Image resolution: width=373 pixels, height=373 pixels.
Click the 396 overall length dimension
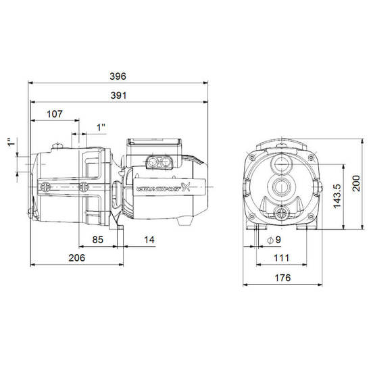[x=118, y=76]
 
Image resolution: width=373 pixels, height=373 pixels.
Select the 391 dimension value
[x=118, y=96]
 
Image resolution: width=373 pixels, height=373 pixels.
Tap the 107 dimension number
[x=55, y=114]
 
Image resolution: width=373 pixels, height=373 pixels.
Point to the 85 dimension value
[x=98, y=240]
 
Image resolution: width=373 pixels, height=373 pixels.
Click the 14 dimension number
[x=149, y=240]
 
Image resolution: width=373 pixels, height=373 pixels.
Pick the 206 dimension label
[x=76, y=258]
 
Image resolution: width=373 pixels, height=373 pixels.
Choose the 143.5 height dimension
[x=337, y=196]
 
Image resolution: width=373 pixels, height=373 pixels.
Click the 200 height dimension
[x=356, y=183]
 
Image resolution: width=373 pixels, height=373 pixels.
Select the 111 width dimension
[x=282, y=258]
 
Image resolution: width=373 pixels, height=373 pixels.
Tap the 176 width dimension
[x=282, y=278]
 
